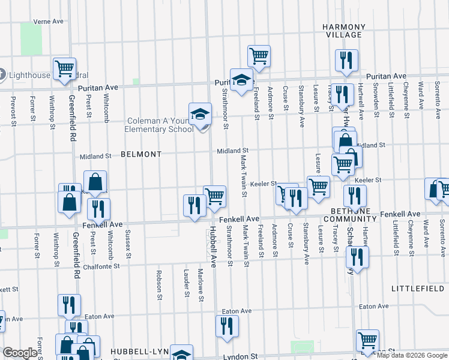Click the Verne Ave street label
coord(49,21)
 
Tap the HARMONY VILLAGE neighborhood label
coord(343,31)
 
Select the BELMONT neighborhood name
coord(141,154)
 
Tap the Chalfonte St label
coord(102,266)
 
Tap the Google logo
coord(20,353)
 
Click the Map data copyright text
coord(412,355)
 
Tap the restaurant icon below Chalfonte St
coord(357,257)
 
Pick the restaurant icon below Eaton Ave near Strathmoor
coord(227,326)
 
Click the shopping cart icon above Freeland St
coord(259,56)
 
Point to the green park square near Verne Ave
coord(31,38)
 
